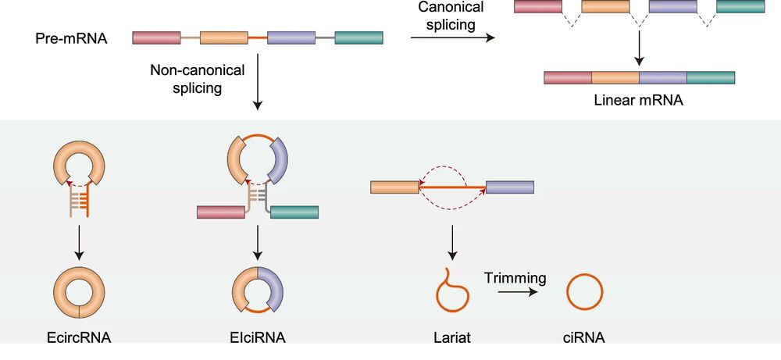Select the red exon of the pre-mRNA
click(x=156, y=37)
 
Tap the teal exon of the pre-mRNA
click(x=358, y=37)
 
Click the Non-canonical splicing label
click(x=198, y=79)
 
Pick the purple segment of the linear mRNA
click(x=663, y=77)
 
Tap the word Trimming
click(x=514, y=277)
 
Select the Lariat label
click(x=452, y=338)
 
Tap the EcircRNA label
click(x=79, y=338)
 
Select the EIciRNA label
click(x=257, y=338)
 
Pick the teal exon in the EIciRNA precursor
click(x=294, y=211)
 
